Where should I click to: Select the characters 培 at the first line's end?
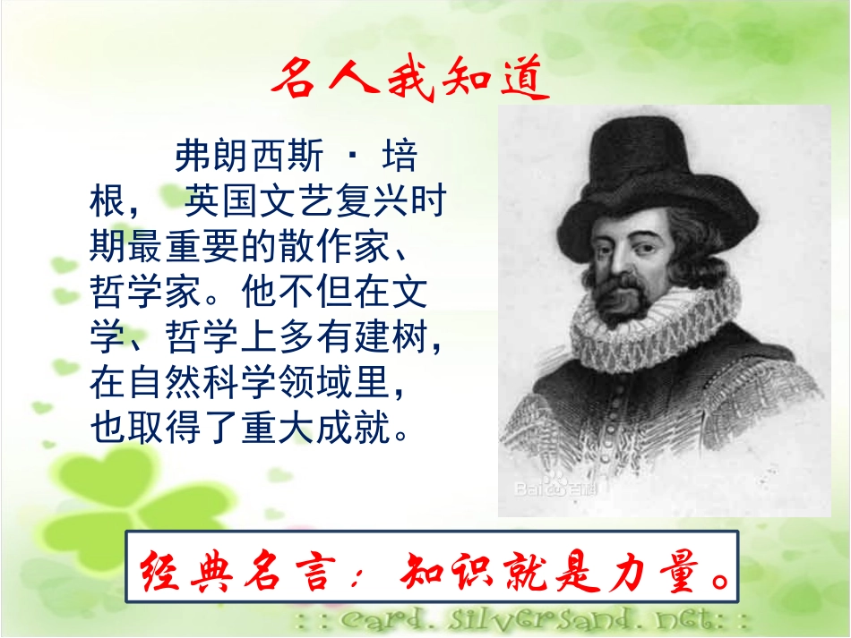click(399, 156)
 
